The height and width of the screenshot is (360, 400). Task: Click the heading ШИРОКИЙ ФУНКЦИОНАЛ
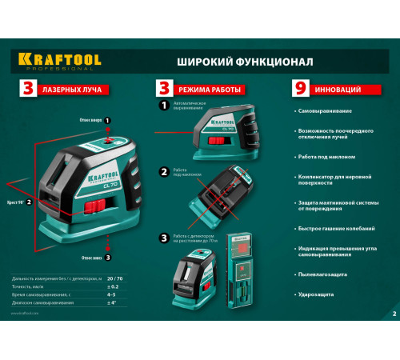(x=223, y=61)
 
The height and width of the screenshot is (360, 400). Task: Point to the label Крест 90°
(x=14, y=202)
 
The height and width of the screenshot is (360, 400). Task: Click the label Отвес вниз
(x=90, y=257)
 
